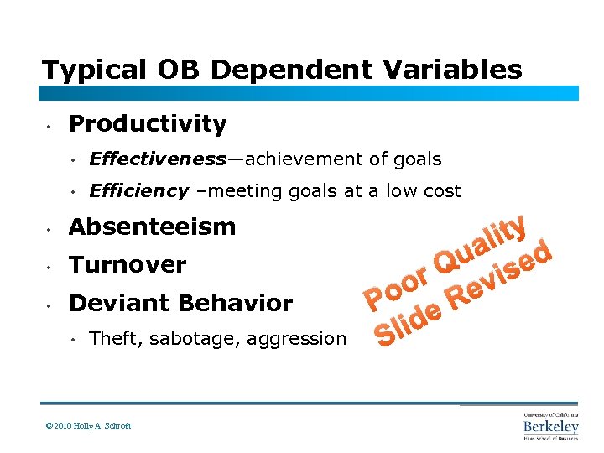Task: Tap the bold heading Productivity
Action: point(148,124)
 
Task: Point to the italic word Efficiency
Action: point(138,191)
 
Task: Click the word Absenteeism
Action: point(152,226)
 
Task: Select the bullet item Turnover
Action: point(128,265)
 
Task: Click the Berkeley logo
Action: point(551,425)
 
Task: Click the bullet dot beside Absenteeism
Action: point(51,228)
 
